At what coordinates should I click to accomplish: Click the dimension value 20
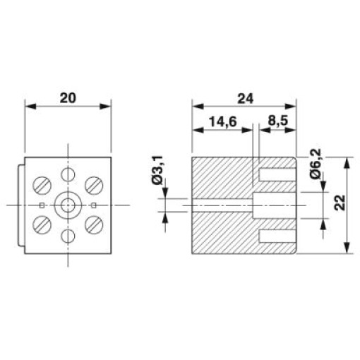click(68, 98)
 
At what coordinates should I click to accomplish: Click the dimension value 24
click(246, 99)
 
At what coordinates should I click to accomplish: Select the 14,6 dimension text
click(223, 121)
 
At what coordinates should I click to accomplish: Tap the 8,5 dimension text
click(277, 121)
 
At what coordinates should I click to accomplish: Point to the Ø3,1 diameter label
click(157, 170)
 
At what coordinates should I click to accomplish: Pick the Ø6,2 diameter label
click(316, 164)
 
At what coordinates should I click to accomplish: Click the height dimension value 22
click(340, 203)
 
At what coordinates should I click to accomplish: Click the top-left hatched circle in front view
click(42, 185)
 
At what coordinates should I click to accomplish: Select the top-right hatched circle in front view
click(94, 185)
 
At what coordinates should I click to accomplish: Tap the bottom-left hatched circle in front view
click(42, 224)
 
